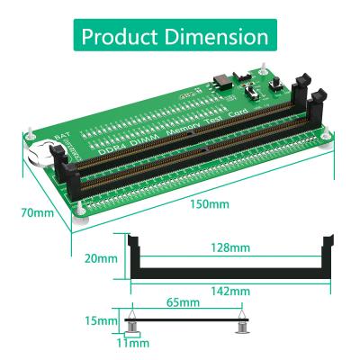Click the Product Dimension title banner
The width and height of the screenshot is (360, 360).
[x=180, y=37]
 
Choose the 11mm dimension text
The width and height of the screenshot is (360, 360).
[x=133, y=343]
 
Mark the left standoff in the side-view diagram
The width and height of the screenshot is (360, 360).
[x=132, y=325]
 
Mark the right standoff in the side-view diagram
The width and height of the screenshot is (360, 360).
[x=241, y=325]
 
